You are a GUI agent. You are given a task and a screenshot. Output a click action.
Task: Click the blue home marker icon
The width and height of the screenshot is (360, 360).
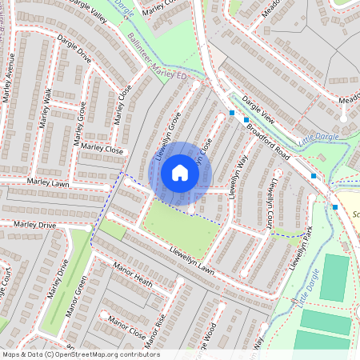coord(180,172)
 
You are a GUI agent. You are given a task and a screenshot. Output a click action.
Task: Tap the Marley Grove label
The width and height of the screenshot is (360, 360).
coord(80,123)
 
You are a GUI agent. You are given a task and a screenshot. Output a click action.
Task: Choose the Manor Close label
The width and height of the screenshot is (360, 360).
coord(126,326)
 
